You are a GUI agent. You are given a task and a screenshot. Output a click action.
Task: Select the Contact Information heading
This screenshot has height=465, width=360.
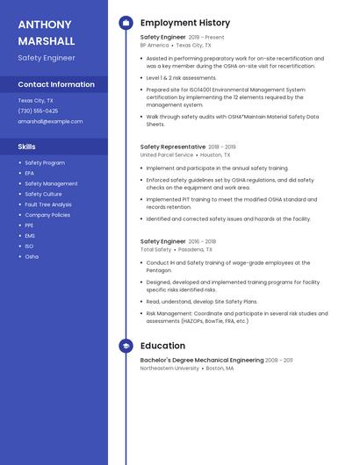click(56, 84)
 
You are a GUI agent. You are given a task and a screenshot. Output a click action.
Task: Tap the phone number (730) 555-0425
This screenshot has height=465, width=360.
click(38, 111)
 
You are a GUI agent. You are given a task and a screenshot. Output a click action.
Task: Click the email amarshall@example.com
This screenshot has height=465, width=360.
click(50, 121)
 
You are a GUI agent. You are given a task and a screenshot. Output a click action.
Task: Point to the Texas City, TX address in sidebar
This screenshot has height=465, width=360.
click(35, 100)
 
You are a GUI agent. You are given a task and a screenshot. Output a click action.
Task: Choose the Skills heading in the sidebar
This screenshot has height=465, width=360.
click(27, 147)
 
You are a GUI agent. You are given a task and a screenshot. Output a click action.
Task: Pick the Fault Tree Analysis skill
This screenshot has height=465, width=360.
click(48, 204)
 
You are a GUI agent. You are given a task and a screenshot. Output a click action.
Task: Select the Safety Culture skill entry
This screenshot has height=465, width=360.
click(43, 194)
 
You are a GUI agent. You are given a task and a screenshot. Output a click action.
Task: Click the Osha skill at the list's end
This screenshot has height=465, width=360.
click(32, 256)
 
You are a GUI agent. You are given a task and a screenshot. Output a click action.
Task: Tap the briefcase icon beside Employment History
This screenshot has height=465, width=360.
click(126, 23)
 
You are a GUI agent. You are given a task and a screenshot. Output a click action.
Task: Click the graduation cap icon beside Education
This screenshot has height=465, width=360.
click(126, 346)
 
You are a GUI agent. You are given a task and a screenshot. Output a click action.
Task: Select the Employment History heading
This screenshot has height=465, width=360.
click(184, 23)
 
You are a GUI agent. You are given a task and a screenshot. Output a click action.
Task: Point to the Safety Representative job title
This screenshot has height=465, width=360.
click(172, 147)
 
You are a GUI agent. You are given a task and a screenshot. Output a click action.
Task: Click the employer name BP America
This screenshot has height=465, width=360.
click(155, 45)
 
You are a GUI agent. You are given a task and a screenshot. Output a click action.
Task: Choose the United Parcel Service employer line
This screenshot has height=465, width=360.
click(167, 154)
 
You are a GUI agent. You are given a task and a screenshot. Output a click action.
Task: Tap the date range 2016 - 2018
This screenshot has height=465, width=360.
click(203, 241)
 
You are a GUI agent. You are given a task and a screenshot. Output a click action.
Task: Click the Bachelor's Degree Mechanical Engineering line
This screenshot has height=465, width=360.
click(202, 360)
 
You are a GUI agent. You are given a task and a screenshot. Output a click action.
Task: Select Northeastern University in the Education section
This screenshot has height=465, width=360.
click(169, 368)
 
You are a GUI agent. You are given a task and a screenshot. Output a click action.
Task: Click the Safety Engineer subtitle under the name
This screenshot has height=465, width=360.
click(47, 58)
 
